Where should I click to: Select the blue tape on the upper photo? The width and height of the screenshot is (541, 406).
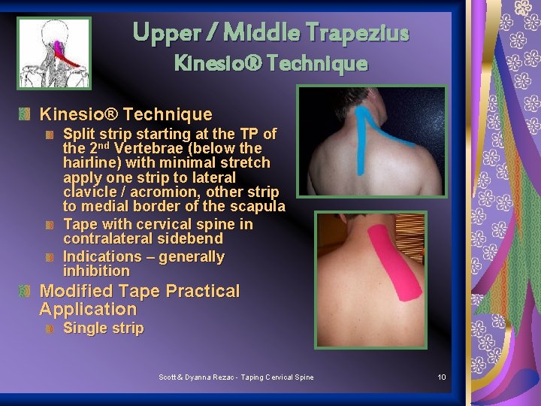[x=367, y=129]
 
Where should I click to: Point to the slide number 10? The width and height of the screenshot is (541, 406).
[x=442, y=377]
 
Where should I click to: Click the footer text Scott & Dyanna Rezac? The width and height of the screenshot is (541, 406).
[x=200, y=377]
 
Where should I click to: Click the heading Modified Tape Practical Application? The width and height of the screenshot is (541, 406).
[x=139, y=300]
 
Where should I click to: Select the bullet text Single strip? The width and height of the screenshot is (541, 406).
[x=103, y=328]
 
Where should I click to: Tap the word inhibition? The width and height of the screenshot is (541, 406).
[x=96, y=271]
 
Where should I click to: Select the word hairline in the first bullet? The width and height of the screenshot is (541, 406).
[x=91, y=162]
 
